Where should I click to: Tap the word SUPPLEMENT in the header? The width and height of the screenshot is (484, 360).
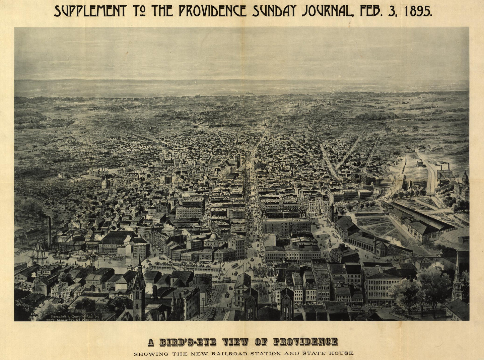90,11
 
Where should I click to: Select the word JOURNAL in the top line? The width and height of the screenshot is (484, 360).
327,11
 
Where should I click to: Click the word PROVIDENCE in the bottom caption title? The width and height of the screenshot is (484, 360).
305,342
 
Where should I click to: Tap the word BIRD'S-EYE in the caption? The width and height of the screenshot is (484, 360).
187,342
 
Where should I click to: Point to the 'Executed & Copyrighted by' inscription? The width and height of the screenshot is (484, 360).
74,316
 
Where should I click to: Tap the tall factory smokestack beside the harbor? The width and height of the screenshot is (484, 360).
49,231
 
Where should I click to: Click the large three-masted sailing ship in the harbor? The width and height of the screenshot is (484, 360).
38,252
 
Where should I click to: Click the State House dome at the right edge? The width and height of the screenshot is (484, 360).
465,178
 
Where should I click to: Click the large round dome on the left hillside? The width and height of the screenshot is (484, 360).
105,183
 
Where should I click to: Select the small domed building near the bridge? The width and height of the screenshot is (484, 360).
214,237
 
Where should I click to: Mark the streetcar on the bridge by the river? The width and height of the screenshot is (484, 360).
235,266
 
